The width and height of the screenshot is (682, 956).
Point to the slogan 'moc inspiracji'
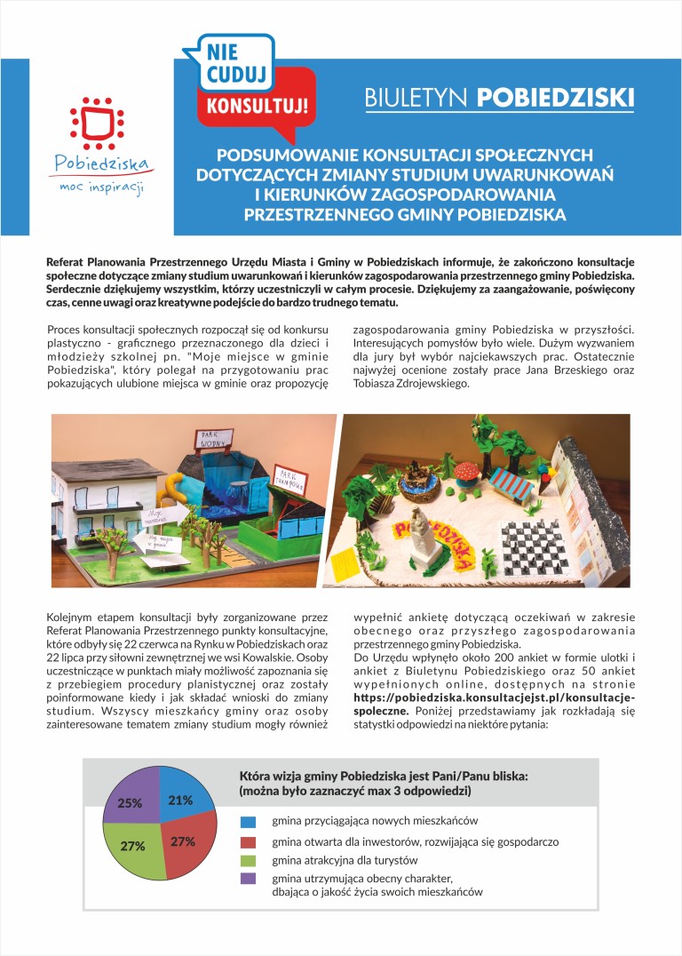tap(101, 187)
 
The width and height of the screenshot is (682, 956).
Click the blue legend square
tap(249, 822)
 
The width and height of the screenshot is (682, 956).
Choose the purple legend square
tap(249, 879)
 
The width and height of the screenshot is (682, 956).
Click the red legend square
tap(249, 841)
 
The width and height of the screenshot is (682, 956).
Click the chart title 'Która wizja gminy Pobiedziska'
tap(384, 776)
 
